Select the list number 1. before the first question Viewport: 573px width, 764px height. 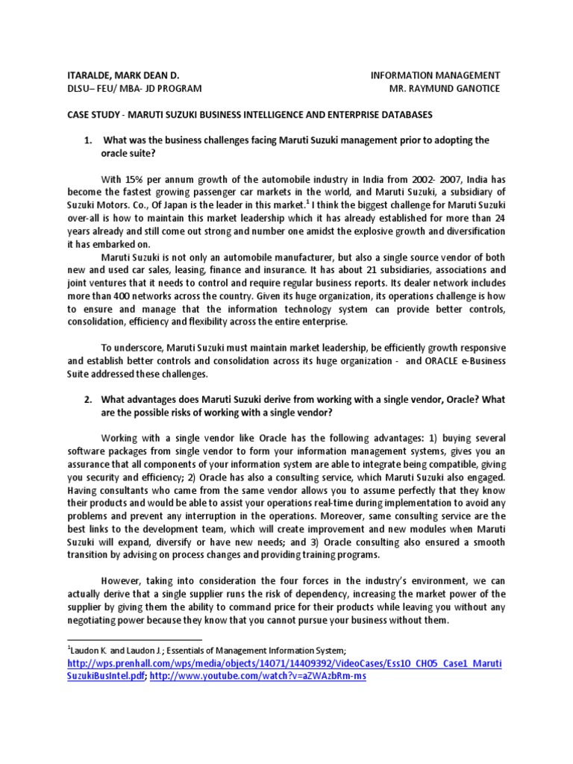[x=87, y=140]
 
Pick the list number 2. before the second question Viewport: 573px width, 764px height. [x=87, y=399]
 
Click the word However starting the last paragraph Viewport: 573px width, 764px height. [x=121, y=581]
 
